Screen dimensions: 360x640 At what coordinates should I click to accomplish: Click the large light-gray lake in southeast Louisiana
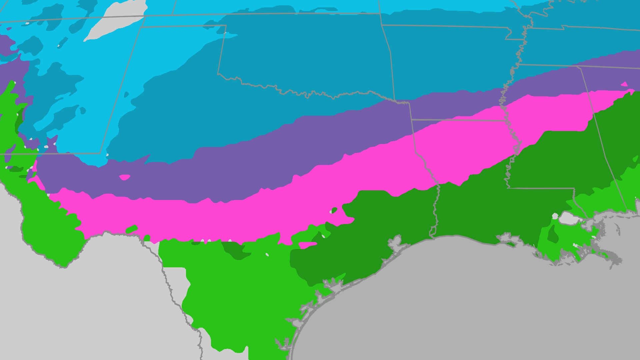coord(569,219)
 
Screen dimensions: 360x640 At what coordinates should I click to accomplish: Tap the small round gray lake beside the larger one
coord(555,216)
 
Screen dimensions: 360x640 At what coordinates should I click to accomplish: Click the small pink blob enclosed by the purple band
coord(125,177)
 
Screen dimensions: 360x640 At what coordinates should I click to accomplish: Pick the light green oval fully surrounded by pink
coord(132,229)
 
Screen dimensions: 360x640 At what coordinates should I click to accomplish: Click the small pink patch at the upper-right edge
coord(624,84)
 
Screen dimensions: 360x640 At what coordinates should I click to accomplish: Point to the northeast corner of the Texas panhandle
coord(226,25)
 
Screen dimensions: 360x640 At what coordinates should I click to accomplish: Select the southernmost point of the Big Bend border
coord(63,267)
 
